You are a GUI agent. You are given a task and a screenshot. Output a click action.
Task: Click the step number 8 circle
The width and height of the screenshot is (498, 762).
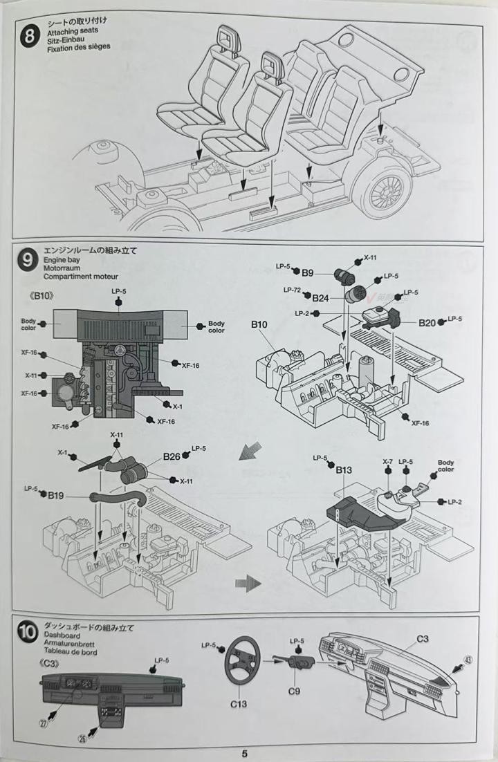[x=29, y=36]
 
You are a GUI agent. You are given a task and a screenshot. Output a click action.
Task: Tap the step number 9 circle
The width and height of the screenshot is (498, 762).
[x=28, y=260]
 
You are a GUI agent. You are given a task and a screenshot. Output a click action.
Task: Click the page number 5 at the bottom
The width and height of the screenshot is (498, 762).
[x=244, y=754]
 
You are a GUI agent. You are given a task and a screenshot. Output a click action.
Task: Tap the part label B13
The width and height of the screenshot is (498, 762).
[x=344, y=471]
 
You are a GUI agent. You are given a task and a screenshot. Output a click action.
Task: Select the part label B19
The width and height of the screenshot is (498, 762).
[x=57, y=495]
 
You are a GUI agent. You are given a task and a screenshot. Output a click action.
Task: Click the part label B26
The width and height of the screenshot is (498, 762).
[x=172, y=456]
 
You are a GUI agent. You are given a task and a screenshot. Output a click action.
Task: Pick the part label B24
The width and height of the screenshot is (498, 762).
[x=320, y=299]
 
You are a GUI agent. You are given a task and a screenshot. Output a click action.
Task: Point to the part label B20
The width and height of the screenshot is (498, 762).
[x=427, y=322]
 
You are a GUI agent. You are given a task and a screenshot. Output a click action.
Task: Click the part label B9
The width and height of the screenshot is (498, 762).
[x=307, y=272]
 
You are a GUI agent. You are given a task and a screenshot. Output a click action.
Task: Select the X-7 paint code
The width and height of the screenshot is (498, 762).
[x=388, y=461]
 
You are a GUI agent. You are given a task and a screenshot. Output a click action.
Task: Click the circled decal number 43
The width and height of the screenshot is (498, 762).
[x=468, y=660]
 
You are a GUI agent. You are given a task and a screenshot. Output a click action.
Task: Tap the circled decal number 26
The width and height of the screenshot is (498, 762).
[x=82, y=738]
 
